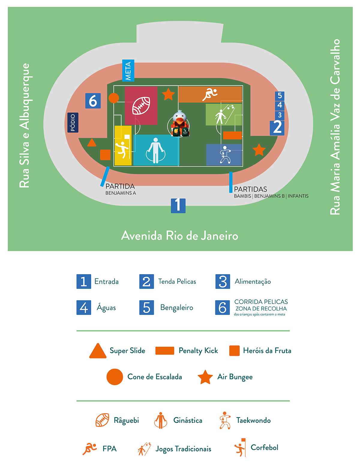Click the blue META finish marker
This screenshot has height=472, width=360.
[x=128, y=71]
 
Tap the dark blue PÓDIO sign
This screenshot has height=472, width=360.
[x=73, y=123]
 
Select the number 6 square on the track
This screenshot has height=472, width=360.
[x=93, y=101]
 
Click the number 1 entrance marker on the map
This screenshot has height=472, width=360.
[x=178, y=205]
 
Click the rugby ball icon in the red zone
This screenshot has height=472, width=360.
[x=141, y=105]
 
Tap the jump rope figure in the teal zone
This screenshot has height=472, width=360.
[x=155, y=150]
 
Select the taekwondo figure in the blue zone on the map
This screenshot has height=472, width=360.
[x=224, y=155]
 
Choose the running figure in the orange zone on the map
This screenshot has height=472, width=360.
[x=210, y=94]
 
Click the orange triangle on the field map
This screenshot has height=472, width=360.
[x=92, y=143]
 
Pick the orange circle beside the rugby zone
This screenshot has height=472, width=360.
[x=114, y=98]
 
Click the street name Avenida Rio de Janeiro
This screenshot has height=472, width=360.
[x=179, y=236]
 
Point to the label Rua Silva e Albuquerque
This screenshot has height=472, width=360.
[x=25, y=126]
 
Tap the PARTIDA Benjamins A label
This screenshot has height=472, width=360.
[x=120, y=189]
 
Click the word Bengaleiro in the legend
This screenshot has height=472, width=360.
[x=176, y=307]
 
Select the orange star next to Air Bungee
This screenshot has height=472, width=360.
[x=205, y=377]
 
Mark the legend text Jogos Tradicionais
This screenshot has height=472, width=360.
[x=183, y=449]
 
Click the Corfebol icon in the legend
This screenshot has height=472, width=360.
[x=240, y=448]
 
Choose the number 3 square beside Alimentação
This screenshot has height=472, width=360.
[x=223, y=281]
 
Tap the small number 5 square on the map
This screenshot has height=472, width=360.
[x=280, y=96]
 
